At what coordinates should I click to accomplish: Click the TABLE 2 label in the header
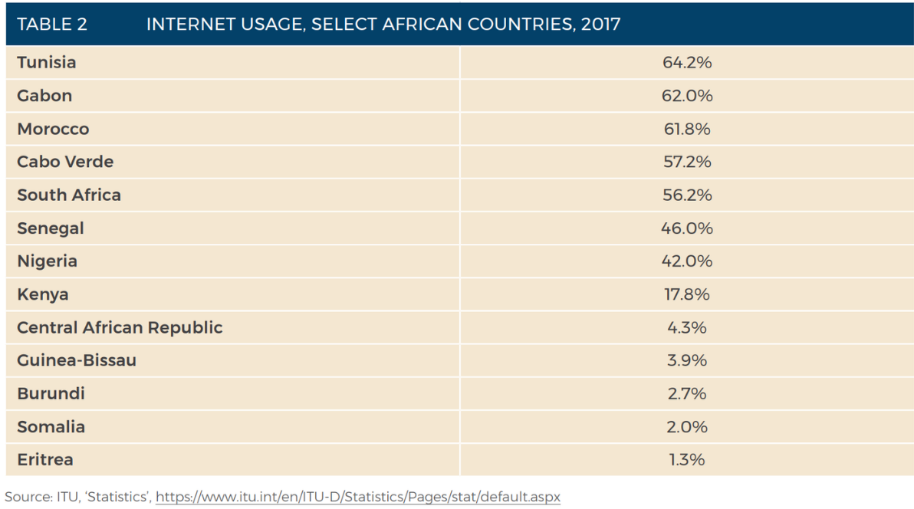(x=52, y=24)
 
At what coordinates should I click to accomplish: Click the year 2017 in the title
(x=600, y=24)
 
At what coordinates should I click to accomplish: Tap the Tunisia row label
(x=47, y=63)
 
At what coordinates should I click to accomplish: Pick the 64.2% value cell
(x=687, y=63)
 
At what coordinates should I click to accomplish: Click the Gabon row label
(x=44, y=96)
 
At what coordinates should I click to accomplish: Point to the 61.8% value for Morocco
(x=687, y=130)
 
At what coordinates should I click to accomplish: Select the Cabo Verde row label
(x=65, y=163)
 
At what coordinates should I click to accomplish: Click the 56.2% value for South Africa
(x=687, y=195)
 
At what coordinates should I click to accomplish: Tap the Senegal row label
(x=51, y=228)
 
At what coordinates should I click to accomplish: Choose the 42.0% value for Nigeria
(x=687, y=261)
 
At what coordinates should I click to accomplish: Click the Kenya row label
(x=43, y=294)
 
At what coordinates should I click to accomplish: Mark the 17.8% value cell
(x=687, y=294)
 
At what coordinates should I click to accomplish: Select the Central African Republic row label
(x=120, y=328)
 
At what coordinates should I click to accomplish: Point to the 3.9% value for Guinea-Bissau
(x=687, y=361)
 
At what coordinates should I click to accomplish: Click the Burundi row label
(x=51, y=394)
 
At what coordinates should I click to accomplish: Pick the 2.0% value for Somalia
(x=687, y=427)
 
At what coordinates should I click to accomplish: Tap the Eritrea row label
(x=45, y=460)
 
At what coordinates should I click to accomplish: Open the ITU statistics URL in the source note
(x=357, y=498)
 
